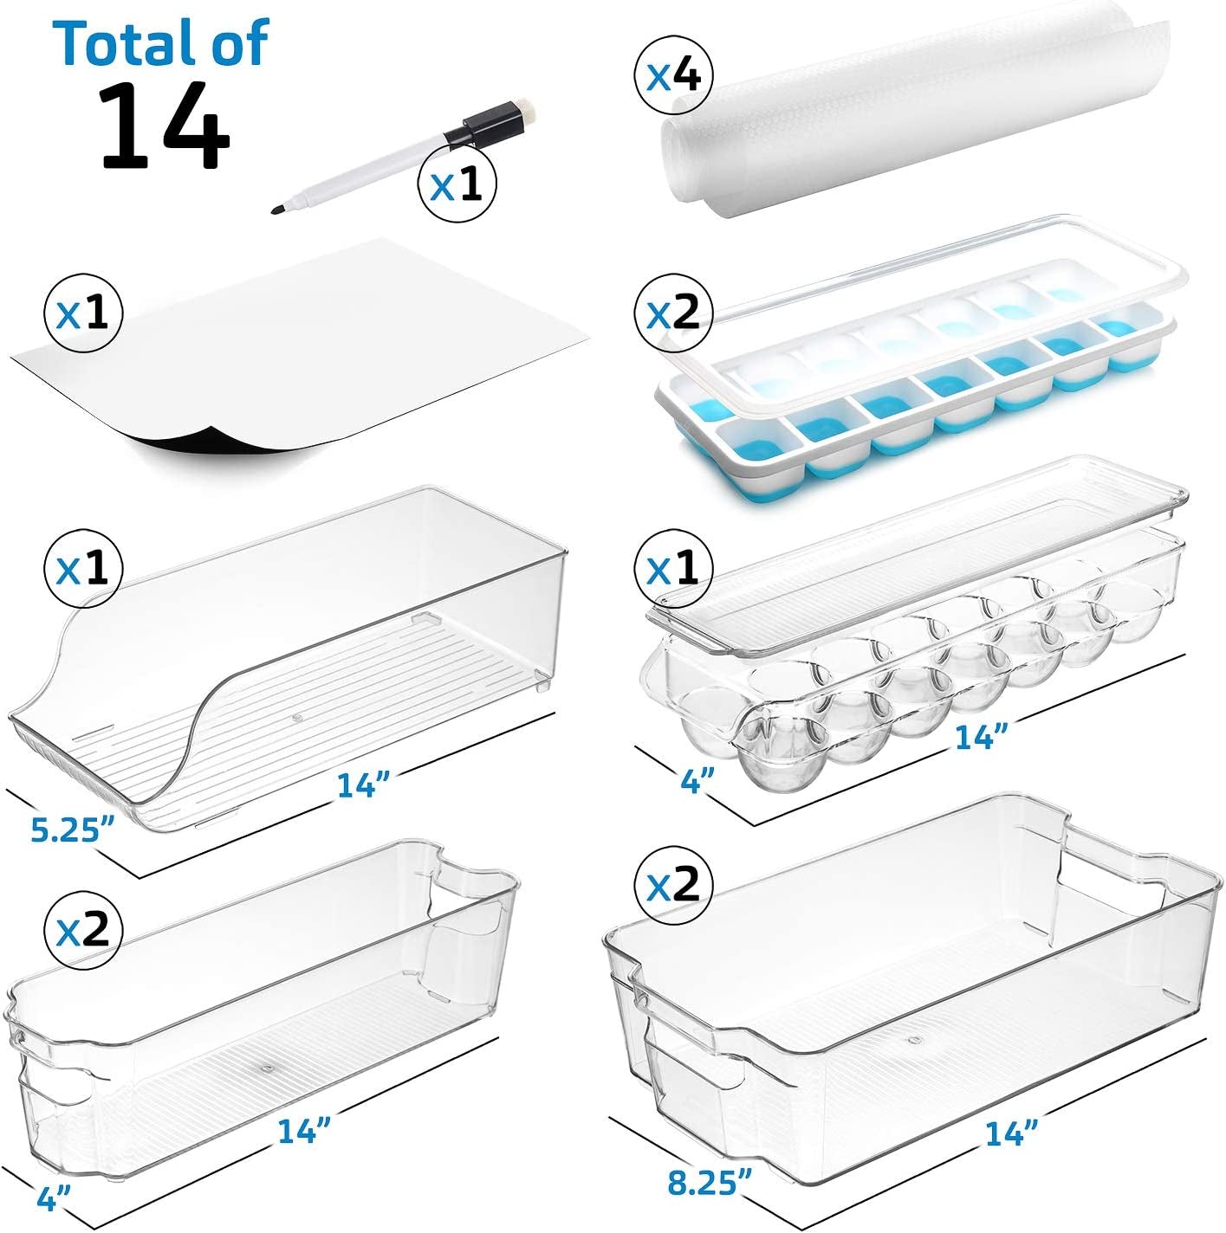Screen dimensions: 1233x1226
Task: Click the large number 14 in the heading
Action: pos(164,126)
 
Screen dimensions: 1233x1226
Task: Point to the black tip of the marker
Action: pos(277,209)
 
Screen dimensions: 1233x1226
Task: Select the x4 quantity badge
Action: pos(673,78)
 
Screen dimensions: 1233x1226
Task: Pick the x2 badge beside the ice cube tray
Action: pos(673,313)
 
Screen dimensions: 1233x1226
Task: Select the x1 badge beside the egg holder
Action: pos(673,570)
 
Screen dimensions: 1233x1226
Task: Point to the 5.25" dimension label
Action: pos(72,830)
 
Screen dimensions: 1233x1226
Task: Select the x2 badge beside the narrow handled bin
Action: pos(84,929)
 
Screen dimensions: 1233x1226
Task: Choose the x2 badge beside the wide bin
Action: pos(673,883)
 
